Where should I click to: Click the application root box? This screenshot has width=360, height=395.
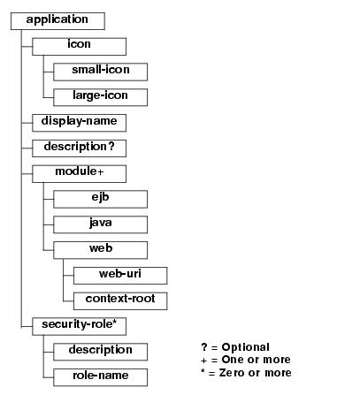point(57,21)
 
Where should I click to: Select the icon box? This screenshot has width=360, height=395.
point(79,47)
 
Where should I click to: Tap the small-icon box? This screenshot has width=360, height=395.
point(100,72)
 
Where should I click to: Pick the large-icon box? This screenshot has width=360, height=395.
point(100,97)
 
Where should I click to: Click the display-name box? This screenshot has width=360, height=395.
point(79,123)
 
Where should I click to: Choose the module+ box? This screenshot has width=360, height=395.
point(79,174)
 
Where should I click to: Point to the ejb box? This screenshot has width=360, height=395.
point(100,199)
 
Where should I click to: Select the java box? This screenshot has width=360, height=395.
point(100,224)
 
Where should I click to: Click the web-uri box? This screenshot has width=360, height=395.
point(120,276)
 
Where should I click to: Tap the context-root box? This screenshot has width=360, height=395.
point(120,301)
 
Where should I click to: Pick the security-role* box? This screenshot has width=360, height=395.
point(79,326)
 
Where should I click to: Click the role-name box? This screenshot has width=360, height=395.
point(100,377)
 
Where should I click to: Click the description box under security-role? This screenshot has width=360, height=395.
point(100,352)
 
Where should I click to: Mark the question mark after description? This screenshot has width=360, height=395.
point(111,146)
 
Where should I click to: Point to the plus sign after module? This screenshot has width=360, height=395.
point(100,172)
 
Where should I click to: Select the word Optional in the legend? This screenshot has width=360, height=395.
point(246,347)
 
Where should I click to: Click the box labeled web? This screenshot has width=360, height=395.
point(100,250)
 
